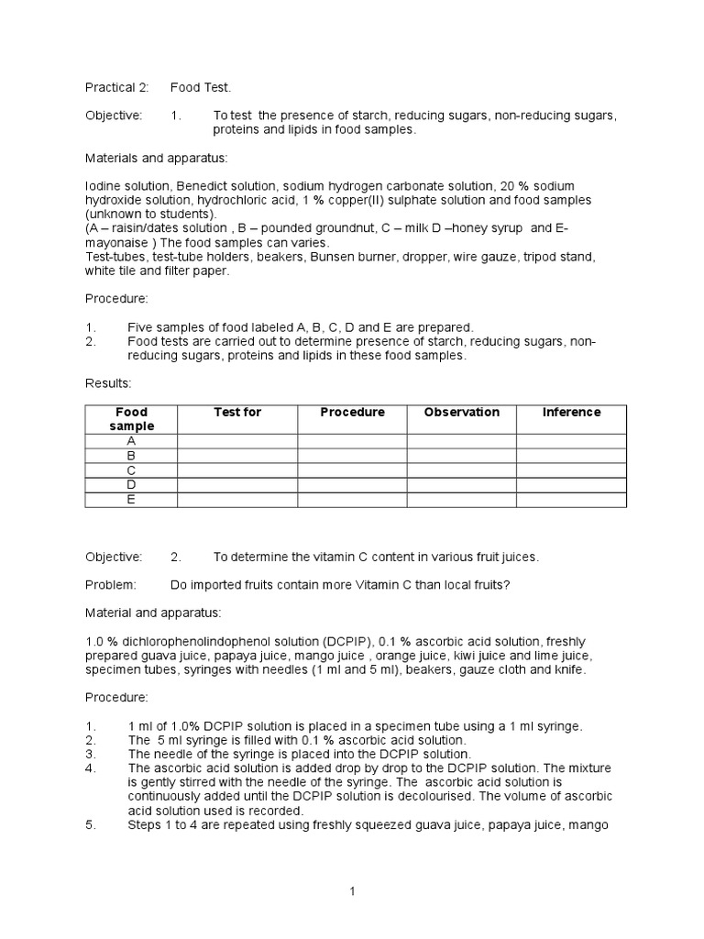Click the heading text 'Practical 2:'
[x=116, y=87]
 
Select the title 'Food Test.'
[x=201, y=87]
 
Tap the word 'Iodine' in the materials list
[x=104, y=186]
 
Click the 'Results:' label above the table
[x=108, y=381]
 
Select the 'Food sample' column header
[x=131, y=419]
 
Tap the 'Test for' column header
[x=237, y=413]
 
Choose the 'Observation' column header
[x=461, y=413]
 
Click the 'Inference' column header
[x=571, y=413]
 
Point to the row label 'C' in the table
[x=131, y=470]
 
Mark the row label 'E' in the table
[x=131, y=500]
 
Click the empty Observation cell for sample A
[x=461, y=441]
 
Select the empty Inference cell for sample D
[x=571, y=485]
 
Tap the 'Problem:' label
[x=111, y=585]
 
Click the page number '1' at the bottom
[x=352, y=890]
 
